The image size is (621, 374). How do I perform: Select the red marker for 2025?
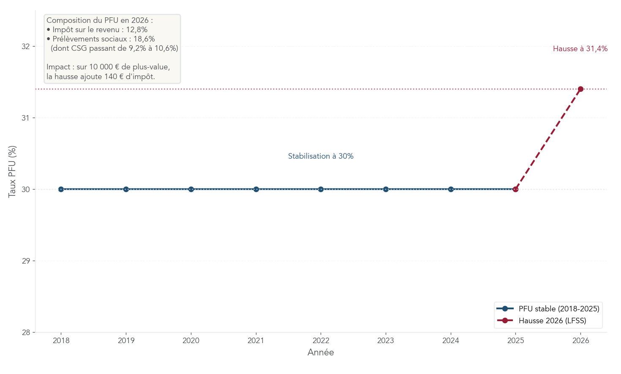(x=515, y=189)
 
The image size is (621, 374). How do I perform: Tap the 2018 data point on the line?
(x=61, y=189)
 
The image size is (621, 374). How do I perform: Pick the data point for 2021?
(x=256, y=189)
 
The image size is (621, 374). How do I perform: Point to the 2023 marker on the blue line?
(x=386, y=189)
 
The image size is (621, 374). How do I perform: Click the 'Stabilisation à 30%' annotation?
(x=321, y=156)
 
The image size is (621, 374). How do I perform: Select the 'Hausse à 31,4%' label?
(x=580, y=49)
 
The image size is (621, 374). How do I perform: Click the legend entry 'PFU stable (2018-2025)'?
(x=558, y=309)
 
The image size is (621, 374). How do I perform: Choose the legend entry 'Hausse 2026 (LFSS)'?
(x=552, y=321)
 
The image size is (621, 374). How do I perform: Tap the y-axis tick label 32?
(x=26, y=46)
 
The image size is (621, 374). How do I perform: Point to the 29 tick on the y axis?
(x=26, y=261)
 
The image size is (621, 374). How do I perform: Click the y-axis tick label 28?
(x=26, y=333)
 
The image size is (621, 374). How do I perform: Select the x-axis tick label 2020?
(x=191, y=341)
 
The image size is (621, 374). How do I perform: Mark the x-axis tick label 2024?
(x=450, y=341)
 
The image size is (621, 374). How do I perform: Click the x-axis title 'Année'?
(x=321, y=352)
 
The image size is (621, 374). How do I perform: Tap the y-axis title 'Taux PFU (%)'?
(x=13, y=171)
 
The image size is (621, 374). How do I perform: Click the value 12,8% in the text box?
(x=137, y=30)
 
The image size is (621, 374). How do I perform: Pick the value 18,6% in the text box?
(x=144, y=39)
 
